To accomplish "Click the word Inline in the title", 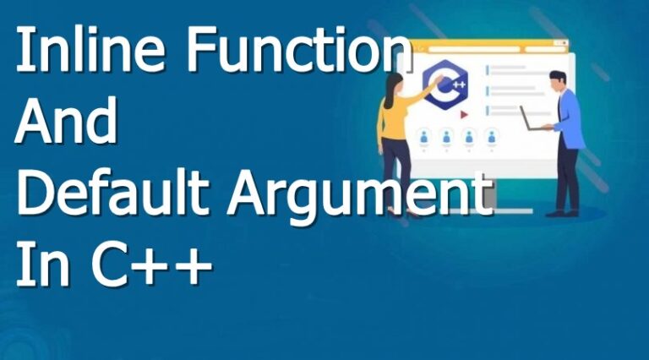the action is pyautogui.click(x=90, y=49).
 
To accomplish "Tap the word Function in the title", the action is pyautogui.click(x=300, y=49).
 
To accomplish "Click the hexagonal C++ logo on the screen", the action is pyautogui.click(x=445, y=85).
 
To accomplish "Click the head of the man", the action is pyautogui.click(x=557, y=81).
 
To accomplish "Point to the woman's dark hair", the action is pyautogui.click(x=391, y=89).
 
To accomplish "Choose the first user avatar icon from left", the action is pyautogui.click(x=424, y=136).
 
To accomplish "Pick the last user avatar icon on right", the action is pyautogui.click(x=491, y=136).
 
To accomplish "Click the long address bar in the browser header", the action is pyautogui.click(x=473, y=49).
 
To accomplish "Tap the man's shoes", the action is pyautogui.click(x=562, y=214).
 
